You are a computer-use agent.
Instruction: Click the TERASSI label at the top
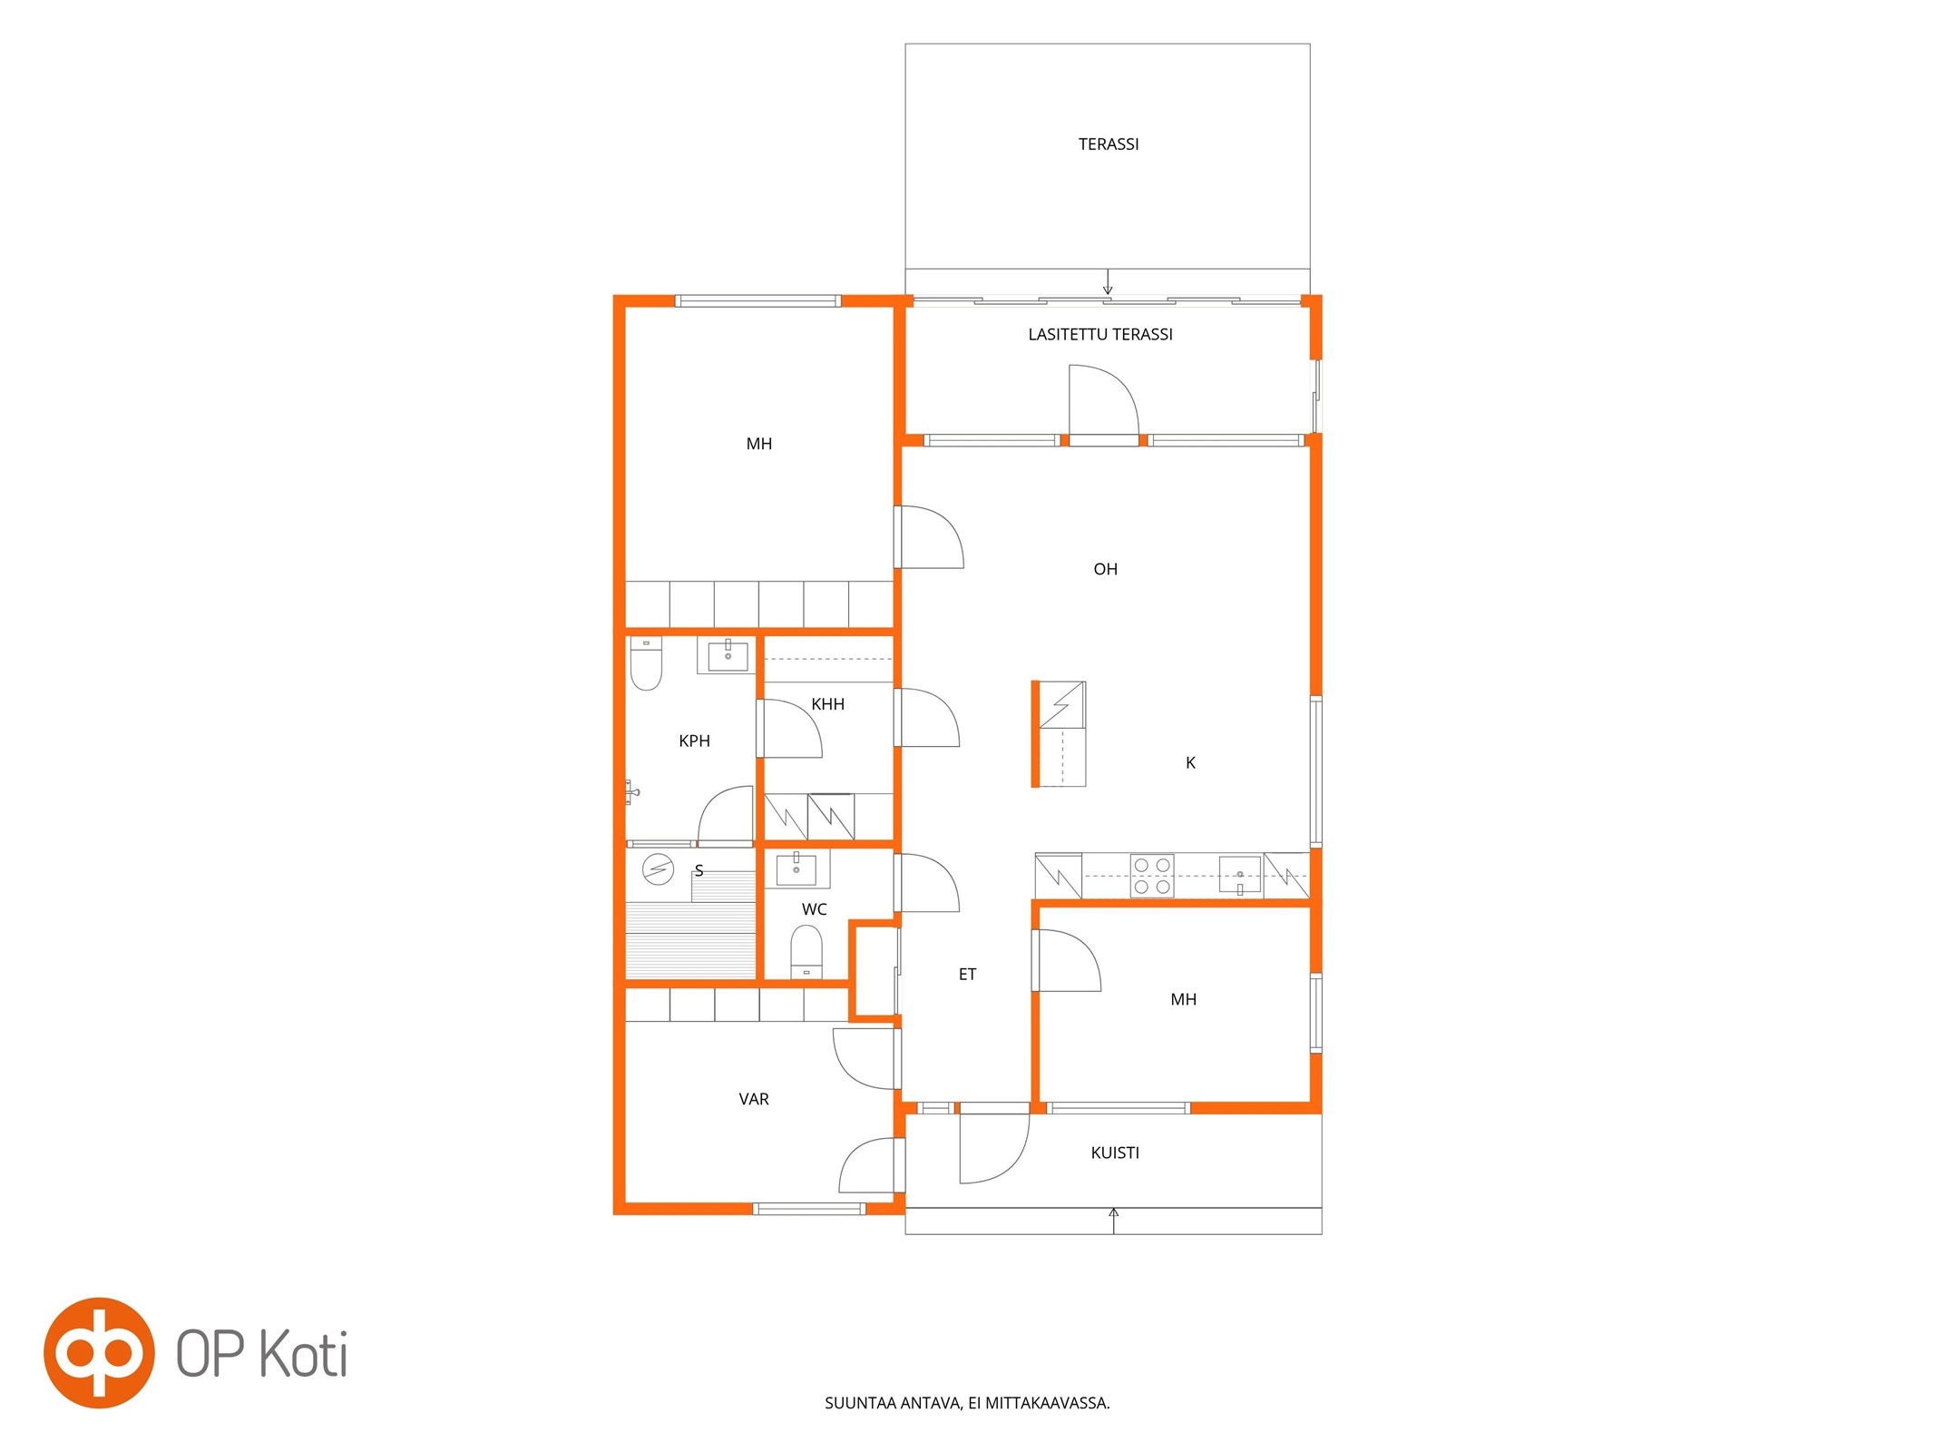1108,144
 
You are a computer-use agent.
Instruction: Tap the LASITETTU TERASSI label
1099,335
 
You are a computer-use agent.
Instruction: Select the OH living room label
1105,570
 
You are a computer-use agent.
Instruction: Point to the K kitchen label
1190,763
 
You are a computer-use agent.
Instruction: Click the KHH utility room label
827,704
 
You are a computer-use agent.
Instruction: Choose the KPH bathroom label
694,741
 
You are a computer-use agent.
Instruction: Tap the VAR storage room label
753,1099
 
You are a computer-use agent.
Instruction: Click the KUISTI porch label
1115,1153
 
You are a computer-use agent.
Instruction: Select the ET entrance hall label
967,975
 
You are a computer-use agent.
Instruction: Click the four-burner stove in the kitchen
1152,876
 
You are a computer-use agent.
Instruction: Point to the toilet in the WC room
806,952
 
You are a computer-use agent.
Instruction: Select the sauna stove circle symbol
658,869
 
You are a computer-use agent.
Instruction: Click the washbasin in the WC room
796,868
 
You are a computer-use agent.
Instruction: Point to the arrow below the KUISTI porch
1114,1221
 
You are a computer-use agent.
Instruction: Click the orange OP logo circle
99,1353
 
